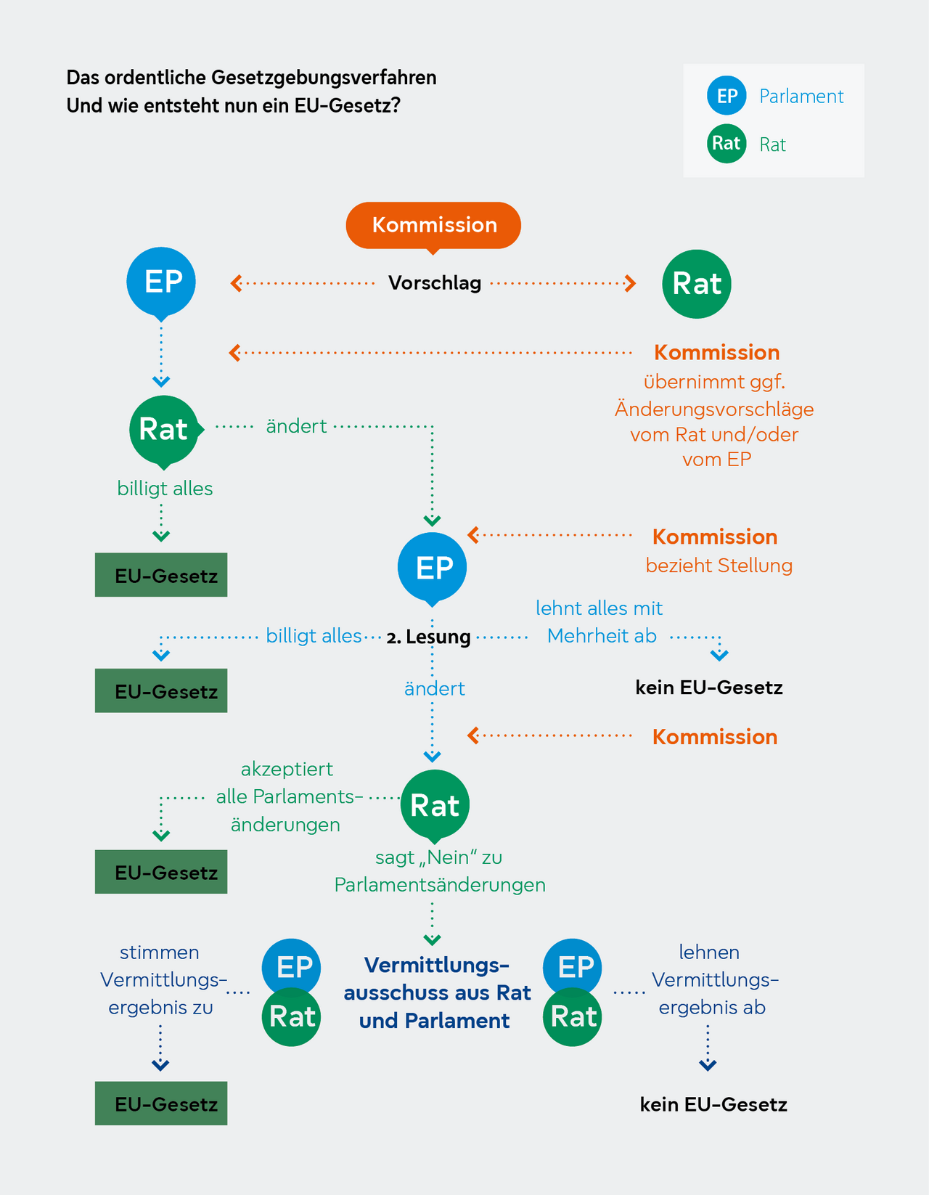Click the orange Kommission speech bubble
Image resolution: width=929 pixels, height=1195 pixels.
click(433, 225)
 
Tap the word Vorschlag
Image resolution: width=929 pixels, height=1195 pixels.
click(435, 282)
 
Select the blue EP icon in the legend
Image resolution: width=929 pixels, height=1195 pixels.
click(727, 96)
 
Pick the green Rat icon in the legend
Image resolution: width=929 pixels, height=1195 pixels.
click(727, 144)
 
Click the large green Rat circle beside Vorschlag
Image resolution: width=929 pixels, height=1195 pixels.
click(697, 284)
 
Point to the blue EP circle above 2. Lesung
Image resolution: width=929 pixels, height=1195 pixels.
click(433, 567)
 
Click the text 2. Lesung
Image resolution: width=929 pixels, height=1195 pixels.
click(429, 637)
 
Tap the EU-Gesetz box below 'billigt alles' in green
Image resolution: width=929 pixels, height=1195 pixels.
click(161, 575)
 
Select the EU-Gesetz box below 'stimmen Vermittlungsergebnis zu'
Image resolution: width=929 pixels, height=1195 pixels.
click(161, 1104)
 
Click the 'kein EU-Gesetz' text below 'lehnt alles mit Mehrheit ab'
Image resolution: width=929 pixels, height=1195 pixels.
click(709, 688)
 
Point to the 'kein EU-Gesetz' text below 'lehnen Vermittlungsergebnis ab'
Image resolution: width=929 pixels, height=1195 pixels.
click(713, 1105)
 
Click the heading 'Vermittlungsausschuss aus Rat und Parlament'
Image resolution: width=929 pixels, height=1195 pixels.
click(436, 992)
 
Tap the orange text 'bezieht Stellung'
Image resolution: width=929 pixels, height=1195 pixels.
click(719, 566)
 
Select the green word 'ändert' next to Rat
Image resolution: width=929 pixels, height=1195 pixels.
click(296, 426)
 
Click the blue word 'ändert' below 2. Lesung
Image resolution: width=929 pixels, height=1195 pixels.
click(434, 688)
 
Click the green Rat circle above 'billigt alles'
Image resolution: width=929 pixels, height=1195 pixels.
click(164, 430)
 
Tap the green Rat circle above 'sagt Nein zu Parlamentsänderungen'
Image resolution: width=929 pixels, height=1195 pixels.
click(435, 805)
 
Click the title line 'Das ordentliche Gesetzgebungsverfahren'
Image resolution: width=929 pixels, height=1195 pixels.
click(251, 78)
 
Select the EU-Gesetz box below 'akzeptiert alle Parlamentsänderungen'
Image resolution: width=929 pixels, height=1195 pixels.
click(161, 872)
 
